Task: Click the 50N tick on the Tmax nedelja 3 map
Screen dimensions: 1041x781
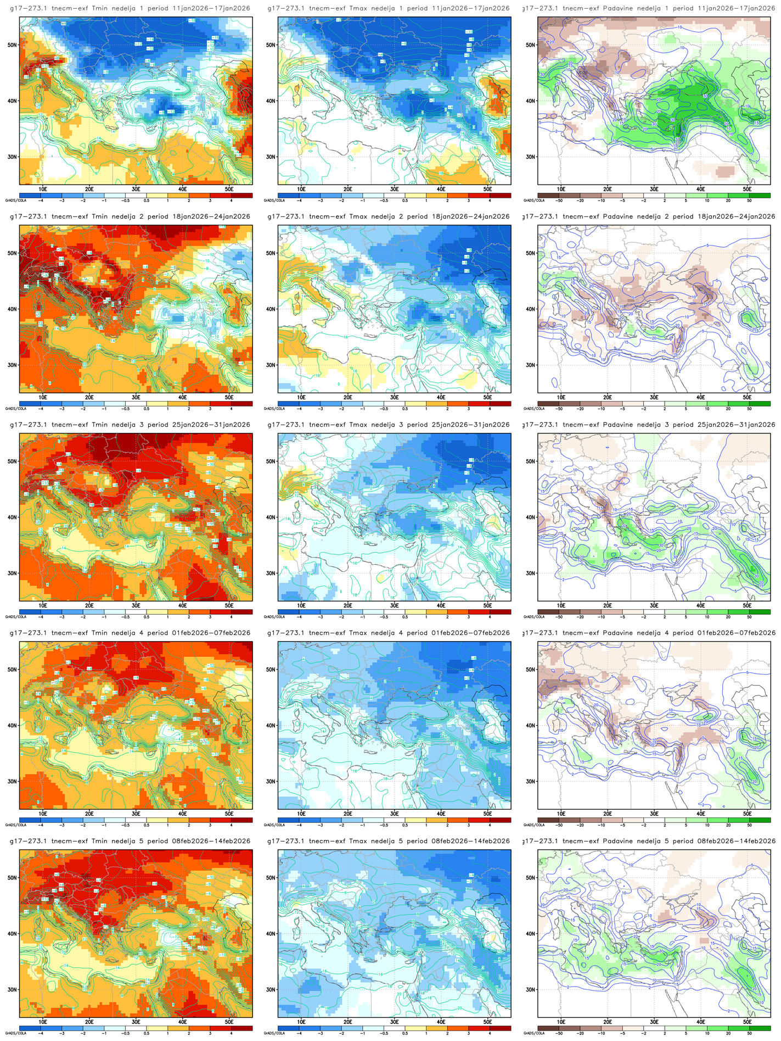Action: click(x=271, y=461)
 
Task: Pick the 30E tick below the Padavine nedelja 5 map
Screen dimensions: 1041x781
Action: click(x=654, y=1022)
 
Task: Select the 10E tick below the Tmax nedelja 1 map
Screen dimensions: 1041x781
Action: click(x=301, y=189)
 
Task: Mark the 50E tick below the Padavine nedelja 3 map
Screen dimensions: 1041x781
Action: click(x=748, y=605)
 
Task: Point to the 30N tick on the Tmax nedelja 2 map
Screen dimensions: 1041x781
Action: click(x=271, y=365)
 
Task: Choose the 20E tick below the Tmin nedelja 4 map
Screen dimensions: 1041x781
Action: click(x=89, y=814)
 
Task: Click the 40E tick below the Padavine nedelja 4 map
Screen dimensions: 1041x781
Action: click(x=701, y=814)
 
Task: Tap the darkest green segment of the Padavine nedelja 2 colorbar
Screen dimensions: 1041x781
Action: click(x=760, y=404)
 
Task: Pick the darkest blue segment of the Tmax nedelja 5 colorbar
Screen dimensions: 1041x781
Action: click(x=288, y=1028)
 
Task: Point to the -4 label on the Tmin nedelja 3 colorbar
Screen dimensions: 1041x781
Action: click(x=41, y=617)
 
